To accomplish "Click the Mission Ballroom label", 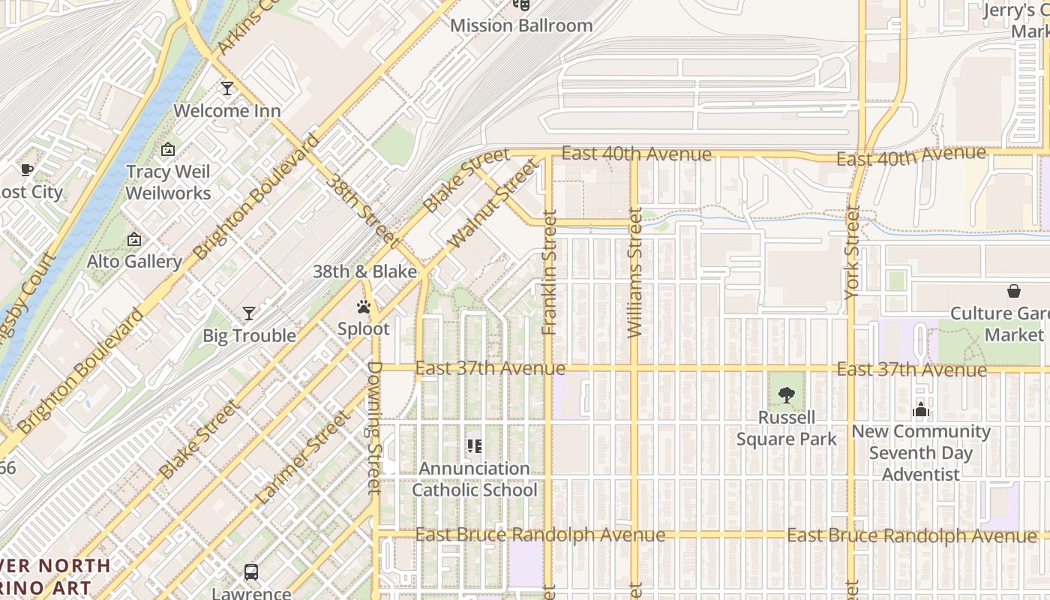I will (521, 25).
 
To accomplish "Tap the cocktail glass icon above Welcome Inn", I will (226, 88).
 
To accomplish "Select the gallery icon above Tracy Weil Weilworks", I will (168, 149).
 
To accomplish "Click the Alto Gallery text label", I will (134, 262).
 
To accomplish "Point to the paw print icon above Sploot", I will (364, 307).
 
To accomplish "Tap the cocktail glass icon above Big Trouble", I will (249, 313).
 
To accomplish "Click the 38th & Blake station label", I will (364, 271).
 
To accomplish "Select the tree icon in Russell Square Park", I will (786, 394).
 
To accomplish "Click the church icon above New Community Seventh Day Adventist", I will (921, 409).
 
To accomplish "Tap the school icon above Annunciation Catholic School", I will (474, 446).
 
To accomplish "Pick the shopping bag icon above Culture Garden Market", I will (1014, 291).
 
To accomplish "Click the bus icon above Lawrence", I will (251, 571).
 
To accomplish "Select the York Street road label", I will (852, 253).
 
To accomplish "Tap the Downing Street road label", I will (375, 427).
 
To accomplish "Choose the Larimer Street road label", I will (302, 457).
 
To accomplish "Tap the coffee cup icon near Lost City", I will (27, 170).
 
